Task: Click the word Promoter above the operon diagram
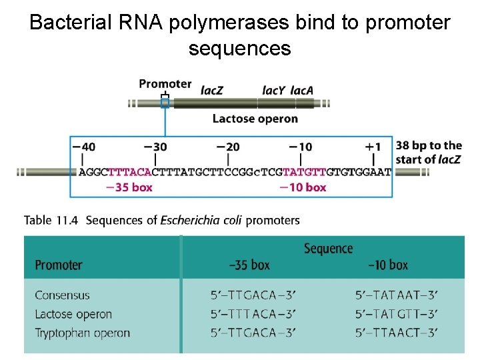tap(165, 84)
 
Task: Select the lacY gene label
tap(274, 89)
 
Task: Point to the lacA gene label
tap(302, 89)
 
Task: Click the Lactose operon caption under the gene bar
tap(255, 119)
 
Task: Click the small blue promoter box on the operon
tap(165, 103)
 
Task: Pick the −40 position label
tap(83, 146)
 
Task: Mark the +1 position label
tap(373, 146)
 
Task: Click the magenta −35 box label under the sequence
tap(129, 187)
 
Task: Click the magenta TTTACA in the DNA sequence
tap(129, 172)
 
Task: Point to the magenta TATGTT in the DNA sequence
tap(305, 172)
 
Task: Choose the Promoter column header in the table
tap(59, 265)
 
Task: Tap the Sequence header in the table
tap(328, 249)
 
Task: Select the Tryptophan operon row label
tap(82, 333)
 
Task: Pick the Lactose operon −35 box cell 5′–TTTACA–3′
tap(253, 314)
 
